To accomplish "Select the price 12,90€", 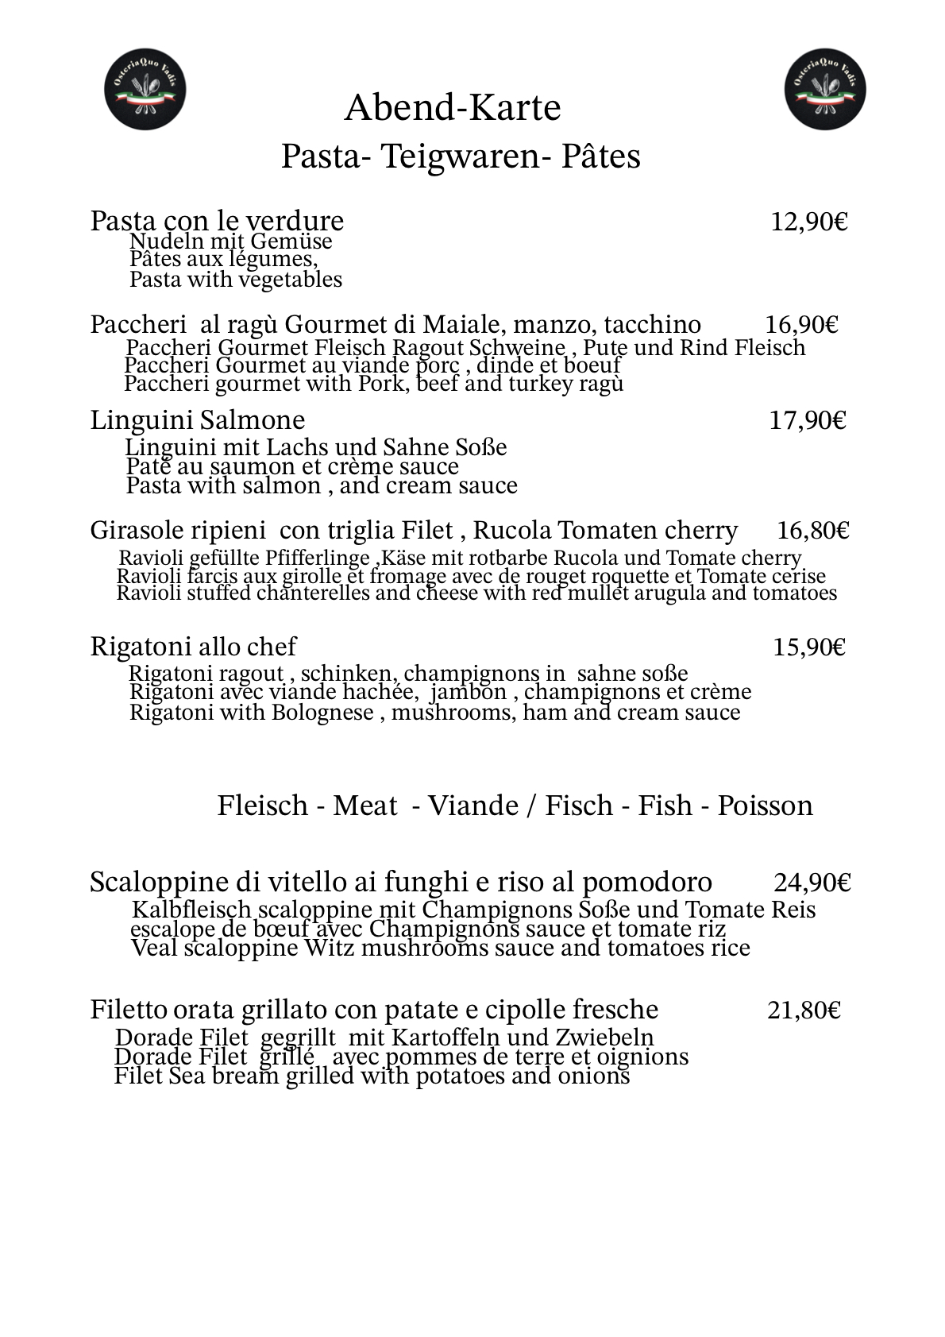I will point(809,222).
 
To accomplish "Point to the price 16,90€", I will point(802,325).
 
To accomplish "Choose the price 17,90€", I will point(808,420).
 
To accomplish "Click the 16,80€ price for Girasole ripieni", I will point(813,531).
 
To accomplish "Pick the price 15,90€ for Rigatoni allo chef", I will point(809,647).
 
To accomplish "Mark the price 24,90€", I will point(812,883).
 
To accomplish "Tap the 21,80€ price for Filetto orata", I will point(804,1010).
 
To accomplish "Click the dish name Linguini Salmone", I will point(197,420).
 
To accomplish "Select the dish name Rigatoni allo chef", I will point(193,647).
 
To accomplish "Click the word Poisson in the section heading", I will point(765,806).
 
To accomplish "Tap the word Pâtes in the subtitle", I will point(600,157).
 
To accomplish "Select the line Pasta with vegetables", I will point(236,280).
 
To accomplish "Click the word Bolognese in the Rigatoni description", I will point(322,713).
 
